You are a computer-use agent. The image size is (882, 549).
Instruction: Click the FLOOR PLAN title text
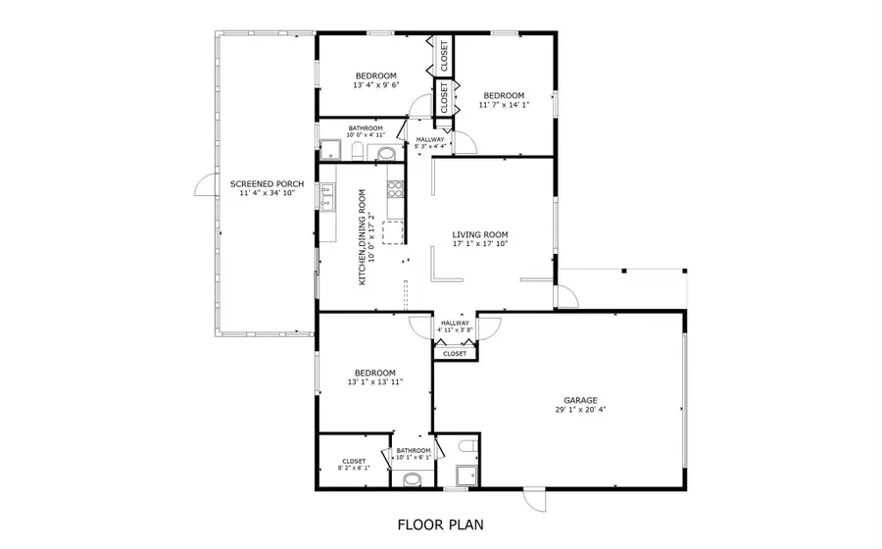(440, 524)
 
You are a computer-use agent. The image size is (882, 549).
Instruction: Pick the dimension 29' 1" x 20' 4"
(580, 411)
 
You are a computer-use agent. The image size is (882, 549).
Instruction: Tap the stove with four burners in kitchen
(395, 188)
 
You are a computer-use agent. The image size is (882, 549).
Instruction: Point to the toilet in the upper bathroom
(358, 150)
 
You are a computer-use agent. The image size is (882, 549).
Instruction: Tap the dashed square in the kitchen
(394, 232)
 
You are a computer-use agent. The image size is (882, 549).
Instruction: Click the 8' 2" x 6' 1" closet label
(354, 465)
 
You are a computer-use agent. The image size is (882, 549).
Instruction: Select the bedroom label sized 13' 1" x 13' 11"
(374, 376)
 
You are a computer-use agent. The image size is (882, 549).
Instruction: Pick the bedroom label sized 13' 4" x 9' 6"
(375, 80)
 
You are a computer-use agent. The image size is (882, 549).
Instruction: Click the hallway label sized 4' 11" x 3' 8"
(455, 326)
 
